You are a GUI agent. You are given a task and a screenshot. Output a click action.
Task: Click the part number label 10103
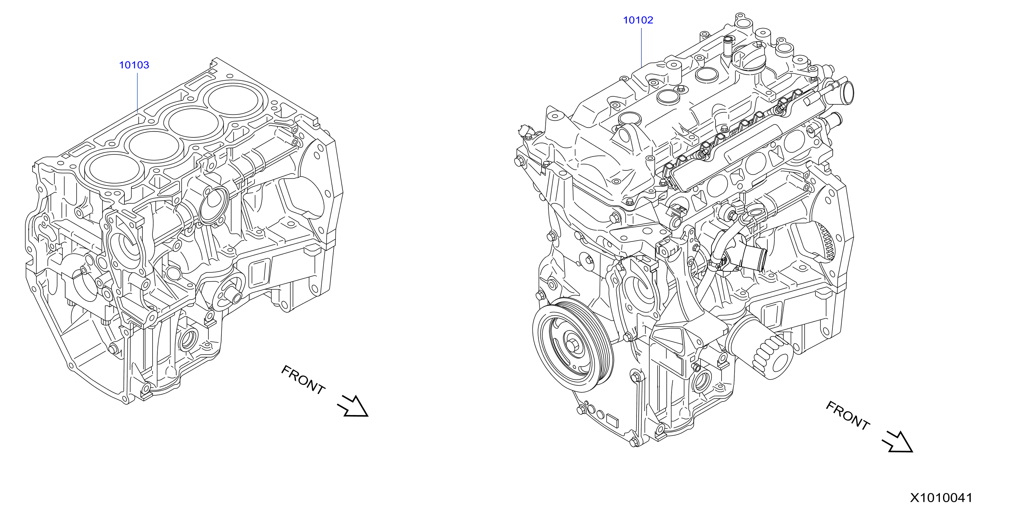[x=134, y=65]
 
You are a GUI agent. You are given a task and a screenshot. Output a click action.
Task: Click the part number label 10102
[x=638, y=20]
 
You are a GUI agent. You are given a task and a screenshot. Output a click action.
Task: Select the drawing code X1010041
[x=941, y=498]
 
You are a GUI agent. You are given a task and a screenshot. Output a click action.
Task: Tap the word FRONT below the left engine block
[x=303, y=380]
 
